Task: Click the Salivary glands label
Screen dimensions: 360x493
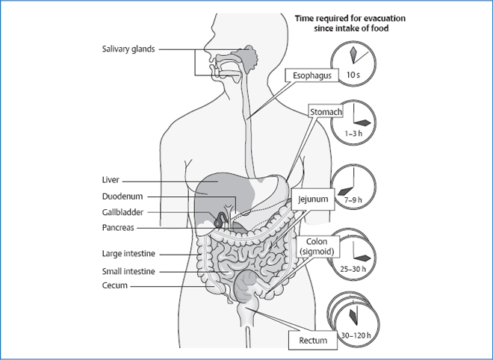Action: (128, 49)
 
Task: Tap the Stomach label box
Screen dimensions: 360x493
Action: (326, 112)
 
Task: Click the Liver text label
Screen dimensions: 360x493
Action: (111, 180)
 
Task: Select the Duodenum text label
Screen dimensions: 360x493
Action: (122, 196)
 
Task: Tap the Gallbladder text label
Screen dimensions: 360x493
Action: (123, 212)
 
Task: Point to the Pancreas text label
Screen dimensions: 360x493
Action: (119, 228)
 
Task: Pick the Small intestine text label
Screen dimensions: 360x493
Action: (128, 271)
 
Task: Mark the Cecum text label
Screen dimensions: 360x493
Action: (115, 285)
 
